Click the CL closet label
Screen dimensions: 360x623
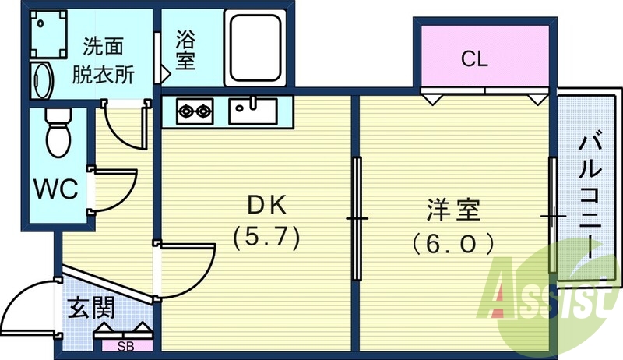(x=474, y=58)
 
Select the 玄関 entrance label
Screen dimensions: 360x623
(x=90, y=307)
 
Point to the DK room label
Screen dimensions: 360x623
(x=267, y=206)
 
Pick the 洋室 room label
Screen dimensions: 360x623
(x=453, y=210)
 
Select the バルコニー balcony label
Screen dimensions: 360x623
(x=590, y=195)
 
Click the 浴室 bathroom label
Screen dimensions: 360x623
(x=186, y=48)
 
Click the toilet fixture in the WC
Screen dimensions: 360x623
(x=57, y=132)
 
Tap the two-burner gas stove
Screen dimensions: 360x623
(x=195, y=111)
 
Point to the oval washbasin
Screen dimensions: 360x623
(x=42, y=80)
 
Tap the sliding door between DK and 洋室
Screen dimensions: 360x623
(x=357, y=218)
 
